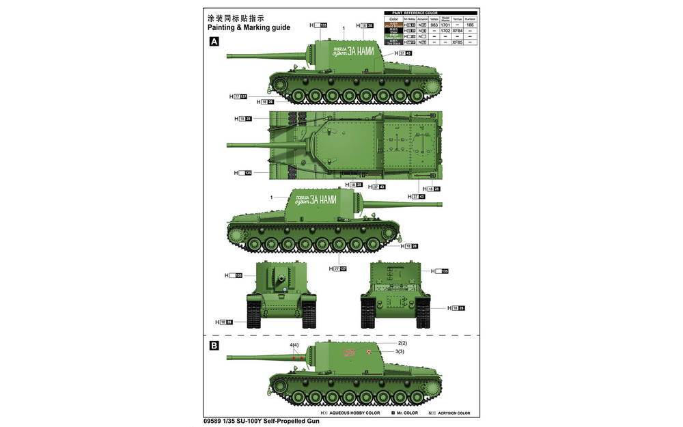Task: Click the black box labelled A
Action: pyautogui.click(x=214, y=42)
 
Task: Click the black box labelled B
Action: pyautogui.click(x=214, y=346)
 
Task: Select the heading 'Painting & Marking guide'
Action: pyautogui.click(x=248, y=28)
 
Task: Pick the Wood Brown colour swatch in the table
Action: pyautogui.click(x=393, y=25)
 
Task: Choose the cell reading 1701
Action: pyautogui.click(x=445, y=25)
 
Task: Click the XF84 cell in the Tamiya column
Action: pyautogui.click(x=458, y=31)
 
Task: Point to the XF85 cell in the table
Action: pyautogui.click(x=458, y=42)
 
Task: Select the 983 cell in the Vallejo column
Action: pyautogui.click(x=434, y=25)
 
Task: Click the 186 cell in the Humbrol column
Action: pyautogui.click(x=470, y=25)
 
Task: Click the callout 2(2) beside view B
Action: pyautogui.click(x=402, y=343)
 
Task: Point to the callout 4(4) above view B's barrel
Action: pyautogui.click(x=294, y=346)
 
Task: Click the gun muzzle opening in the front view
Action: pyautogui.click(x=280, y=279)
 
